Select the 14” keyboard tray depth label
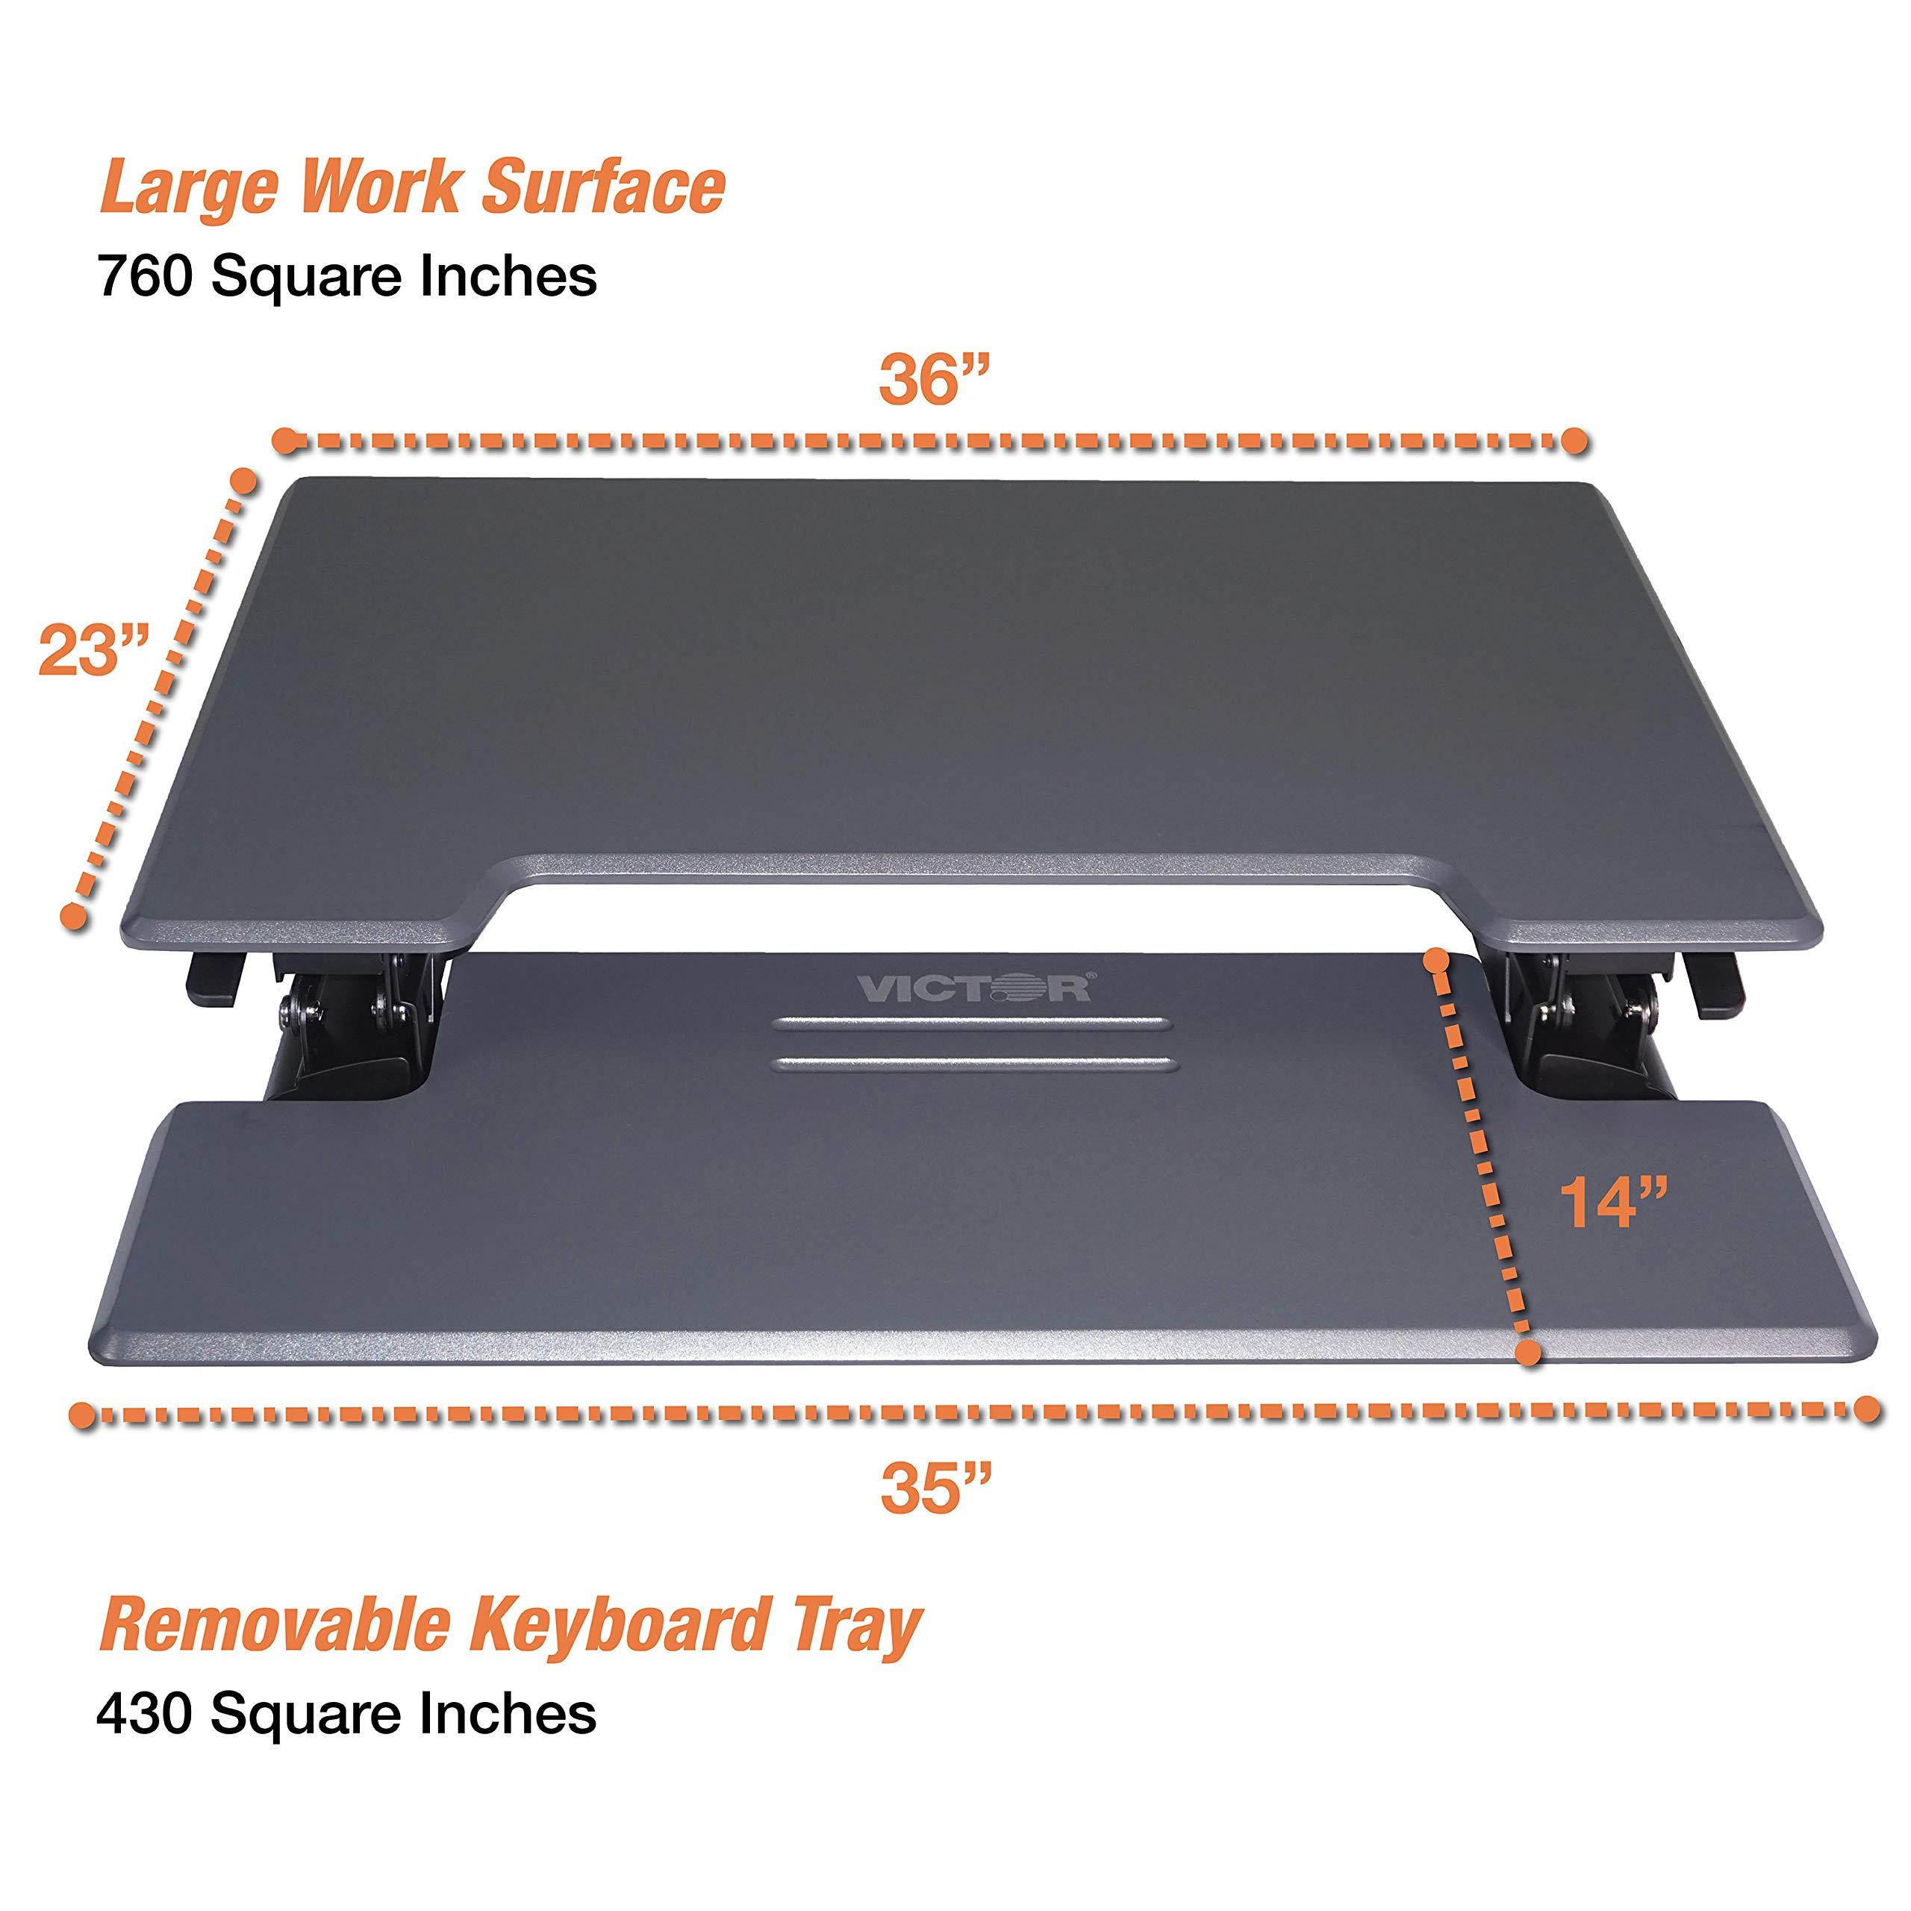click(x=1613, y=1203)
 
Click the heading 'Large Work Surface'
click(x=413, y=186)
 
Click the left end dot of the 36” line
click(x=285, y=441)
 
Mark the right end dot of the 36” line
click(x=1576, y=441)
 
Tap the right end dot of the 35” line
click(x=1866, y=1409)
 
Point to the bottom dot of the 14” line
click(x=1530, y=1352)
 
